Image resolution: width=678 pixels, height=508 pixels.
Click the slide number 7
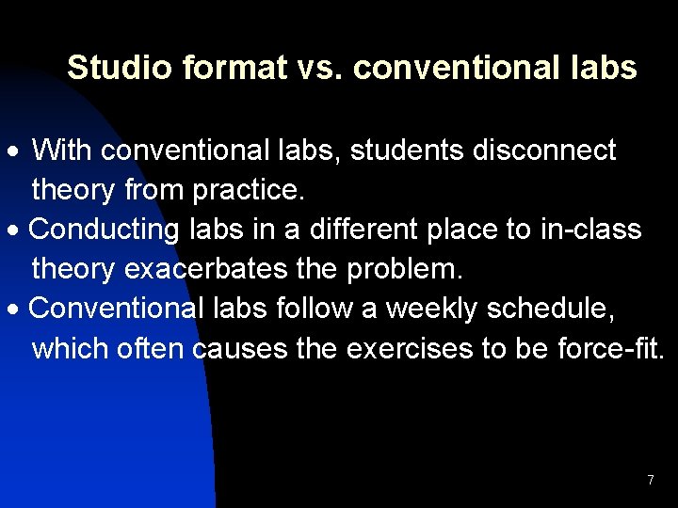[x=650, y=481]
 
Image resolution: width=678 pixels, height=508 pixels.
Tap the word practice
[x=250, y=191]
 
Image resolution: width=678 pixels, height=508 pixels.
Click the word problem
[x=405, y=271]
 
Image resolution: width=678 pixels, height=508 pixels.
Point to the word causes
[x=239, y=350]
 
